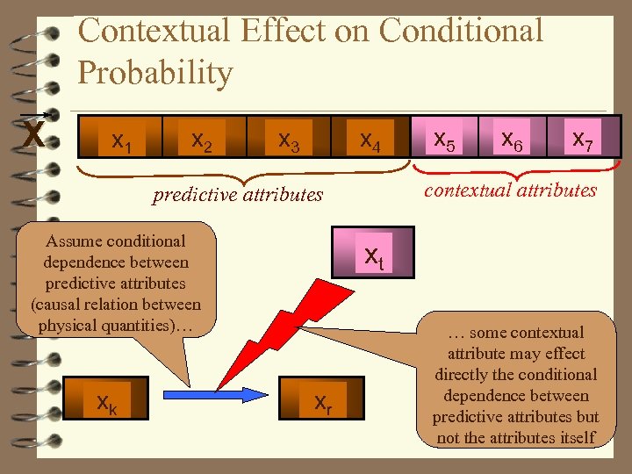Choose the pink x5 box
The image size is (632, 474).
(445, 137)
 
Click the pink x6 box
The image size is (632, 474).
(512, 137)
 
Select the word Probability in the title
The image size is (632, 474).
(155, 73)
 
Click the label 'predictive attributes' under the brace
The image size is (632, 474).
(238, 195)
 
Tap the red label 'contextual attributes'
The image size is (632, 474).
(510, 190)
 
